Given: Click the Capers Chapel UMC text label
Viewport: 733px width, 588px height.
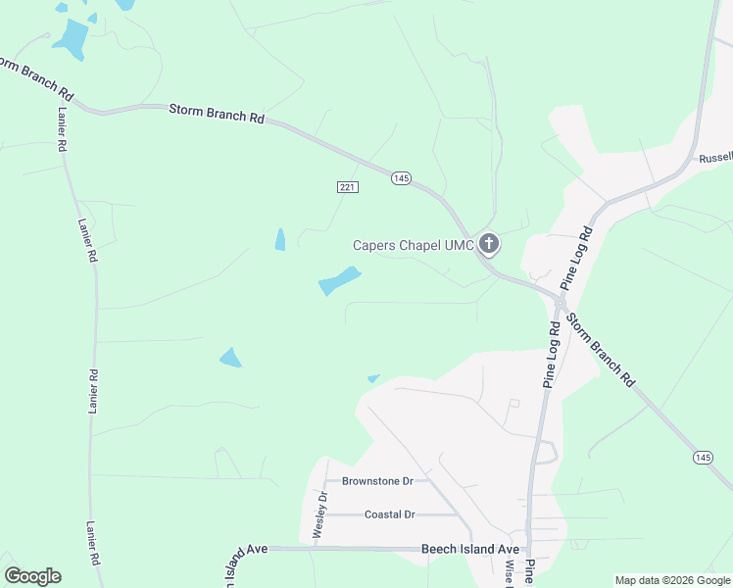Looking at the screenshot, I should tap(414, 245).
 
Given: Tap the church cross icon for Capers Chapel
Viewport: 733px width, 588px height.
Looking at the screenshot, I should tap(489, 244).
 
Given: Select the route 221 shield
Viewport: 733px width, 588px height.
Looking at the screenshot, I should tap(347, 186).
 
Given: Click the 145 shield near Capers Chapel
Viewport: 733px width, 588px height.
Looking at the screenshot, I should tap(401, 177).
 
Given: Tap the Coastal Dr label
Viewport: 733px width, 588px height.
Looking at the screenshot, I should tap(389, 514).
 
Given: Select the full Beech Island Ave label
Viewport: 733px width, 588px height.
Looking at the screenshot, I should tap(469, 550).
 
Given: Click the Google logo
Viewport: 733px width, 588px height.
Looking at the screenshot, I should tap(32, 576).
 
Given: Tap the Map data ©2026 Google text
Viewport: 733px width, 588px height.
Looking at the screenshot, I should tap(672, 580).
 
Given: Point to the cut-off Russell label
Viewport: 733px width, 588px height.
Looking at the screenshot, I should tap(714, 158).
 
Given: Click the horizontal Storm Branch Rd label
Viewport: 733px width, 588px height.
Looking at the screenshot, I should tap(217, 114).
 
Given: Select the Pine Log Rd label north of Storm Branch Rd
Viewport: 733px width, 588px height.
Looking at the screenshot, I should tap(576, 257).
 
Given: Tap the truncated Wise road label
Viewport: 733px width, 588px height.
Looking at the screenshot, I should tap(510, 574).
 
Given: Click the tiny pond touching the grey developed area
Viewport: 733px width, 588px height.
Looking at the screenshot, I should tap(372, 378).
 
